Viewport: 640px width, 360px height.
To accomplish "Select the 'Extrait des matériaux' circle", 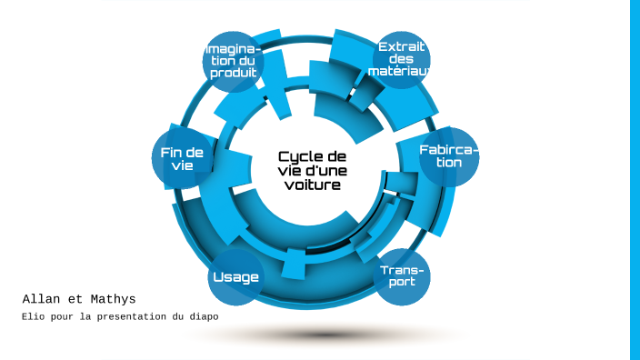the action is coord(402,59).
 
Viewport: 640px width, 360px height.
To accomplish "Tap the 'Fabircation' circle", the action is coord(448,156).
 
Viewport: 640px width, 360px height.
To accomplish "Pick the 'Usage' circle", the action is coord(235,277).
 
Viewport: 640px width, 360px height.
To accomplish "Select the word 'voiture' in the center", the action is coord(311,185).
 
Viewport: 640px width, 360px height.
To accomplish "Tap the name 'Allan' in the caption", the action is coord(40,298).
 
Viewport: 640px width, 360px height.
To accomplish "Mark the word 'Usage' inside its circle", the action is coord(235,277).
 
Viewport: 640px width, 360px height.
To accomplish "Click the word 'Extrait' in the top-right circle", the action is coord(402,47).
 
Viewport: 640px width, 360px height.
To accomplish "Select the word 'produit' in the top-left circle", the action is coord(234,73).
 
